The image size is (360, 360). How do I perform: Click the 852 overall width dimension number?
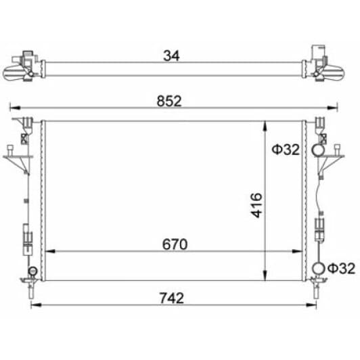(x=169, y=102)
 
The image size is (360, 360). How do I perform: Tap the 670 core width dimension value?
(x=175, y=244)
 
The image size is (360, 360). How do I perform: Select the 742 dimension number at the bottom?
(x=172, y=298)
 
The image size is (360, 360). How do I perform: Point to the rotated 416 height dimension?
(x=256, y=205)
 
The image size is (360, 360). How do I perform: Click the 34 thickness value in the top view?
(x=171, y=55)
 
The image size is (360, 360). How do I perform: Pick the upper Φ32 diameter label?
(x=286, y=150)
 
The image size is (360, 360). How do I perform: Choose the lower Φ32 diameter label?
(x=342, y=269)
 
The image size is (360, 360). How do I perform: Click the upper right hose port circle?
(x=313, y=150)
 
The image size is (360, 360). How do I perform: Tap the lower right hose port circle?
(x=313, y=268)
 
